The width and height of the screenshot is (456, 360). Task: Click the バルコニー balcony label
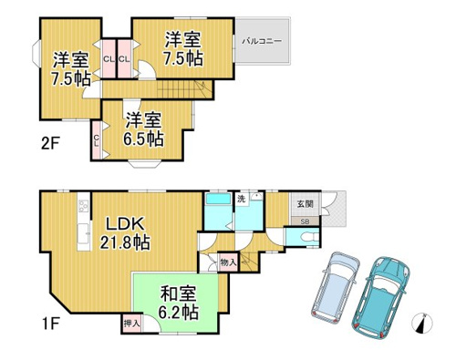pyautogui.click(x=262, y=41)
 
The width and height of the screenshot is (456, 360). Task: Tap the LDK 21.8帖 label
pyautogui.click(x=125, y=233)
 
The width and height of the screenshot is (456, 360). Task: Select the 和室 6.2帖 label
pyautogui.click(x=179, y=303)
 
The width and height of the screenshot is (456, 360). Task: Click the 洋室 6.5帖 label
pyautogui.click(x=143, y=129)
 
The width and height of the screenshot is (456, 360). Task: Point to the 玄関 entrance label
pyautogui.click(x=305, y=204)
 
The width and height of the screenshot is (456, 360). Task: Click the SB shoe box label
pyautogui.click(x=305, y=221)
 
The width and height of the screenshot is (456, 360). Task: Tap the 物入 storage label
pyautogui.click(x=228, y=262)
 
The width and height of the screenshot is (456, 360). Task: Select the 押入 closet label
pyautogui.click(x=131, y=324)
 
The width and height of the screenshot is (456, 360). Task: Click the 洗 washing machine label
pyautogui.click(x=241, y=200)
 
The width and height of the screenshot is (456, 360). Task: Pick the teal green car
pyautogui.click(x=380, y=298)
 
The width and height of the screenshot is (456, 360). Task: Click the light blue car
pyautogui.click(x=336, y=287)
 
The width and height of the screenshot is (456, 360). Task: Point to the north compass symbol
pyautogui.click(x=422, y=323)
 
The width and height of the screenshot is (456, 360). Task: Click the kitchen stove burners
pyautogui.click(x=83, y=206)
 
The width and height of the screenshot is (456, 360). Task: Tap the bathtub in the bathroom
pyautogui.click(x=218, y=200)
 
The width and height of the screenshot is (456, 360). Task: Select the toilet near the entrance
pyautogui.click(x=311, y=237)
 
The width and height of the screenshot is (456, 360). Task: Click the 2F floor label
pyautogui.click(x=50, y=143)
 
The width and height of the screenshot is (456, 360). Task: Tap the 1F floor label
pyautogui.click(x=50, y=324)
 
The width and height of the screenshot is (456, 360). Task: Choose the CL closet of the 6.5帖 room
pyautogui.click(x=97, y=140)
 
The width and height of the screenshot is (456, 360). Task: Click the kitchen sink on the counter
pyautogui.click(x=84, y=233)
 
